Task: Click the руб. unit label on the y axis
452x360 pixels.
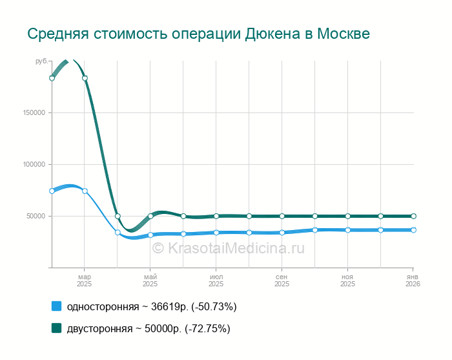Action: click(x=41, y=61)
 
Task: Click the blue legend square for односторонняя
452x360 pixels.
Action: click(x=56, y=306)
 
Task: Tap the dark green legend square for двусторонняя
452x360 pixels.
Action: click(x=56, y=328)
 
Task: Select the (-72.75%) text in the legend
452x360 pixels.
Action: click(x=207, y=328)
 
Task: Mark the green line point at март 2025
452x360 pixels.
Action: click(x=85, y=78)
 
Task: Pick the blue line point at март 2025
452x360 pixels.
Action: click(x=85, y=191)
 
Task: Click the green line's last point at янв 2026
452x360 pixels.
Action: click(x=413, y=216)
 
